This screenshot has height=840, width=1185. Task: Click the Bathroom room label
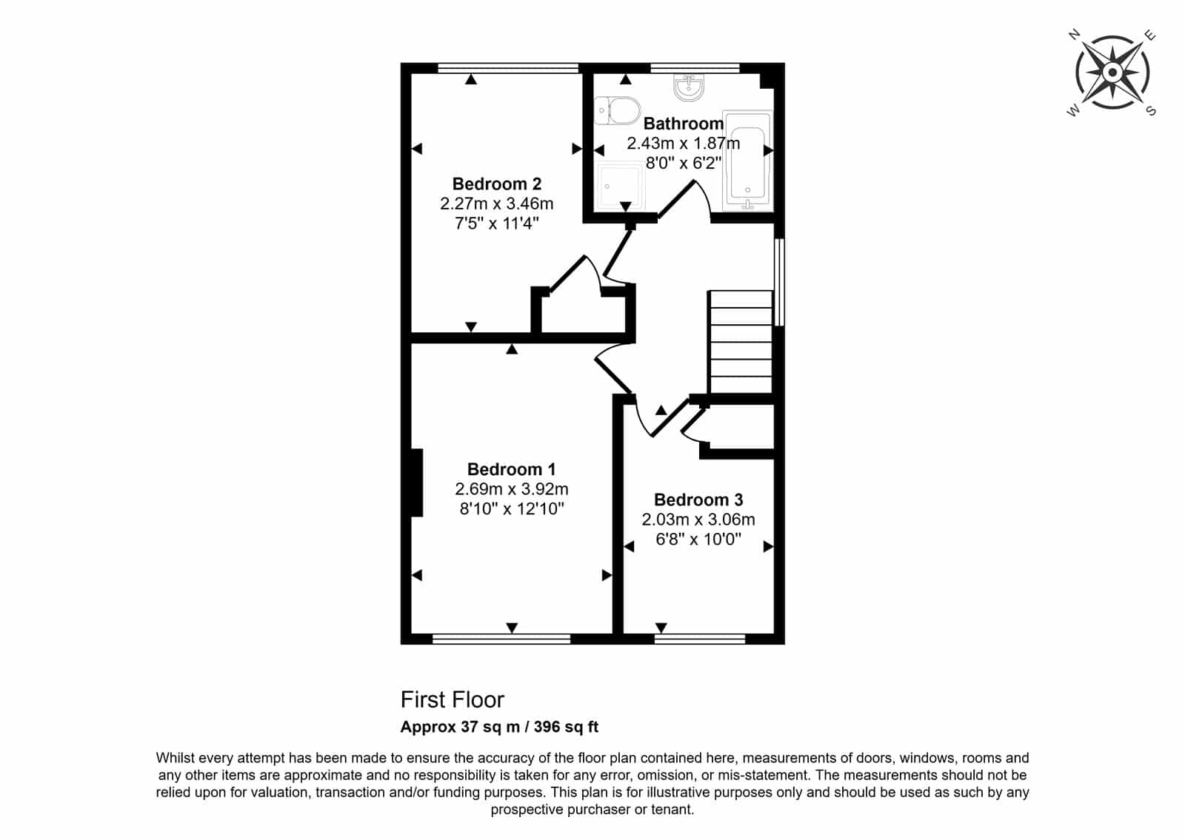[x=684, y=124]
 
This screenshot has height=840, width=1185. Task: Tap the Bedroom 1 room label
[x=512, y=469]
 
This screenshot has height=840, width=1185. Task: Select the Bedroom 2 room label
[x=497, y=184]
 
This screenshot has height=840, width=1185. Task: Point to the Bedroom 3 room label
[x=698, y=500]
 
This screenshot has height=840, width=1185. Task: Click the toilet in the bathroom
[x=618, y=111]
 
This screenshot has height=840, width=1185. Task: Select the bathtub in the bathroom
[x=747, y=161]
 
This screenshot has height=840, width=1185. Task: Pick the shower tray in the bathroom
[x=621, y=186]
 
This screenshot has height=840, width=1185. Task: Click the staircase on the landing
[x=740, y=342]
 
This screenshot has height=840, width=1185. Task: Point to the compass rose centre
[x=1112, y=73]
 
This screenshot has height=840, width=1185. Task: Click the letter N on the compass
[x=1074, y=35]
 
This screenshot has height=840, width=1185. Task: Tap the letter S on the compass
[x=1151, y=110]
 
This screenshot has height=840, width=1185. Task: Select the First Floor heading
[x=453, y=700]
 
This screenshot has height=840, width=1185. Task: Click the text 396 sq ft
[x=566, y=727]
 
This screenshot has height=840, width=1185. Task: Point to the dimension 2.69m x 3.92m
[x=512, y=489]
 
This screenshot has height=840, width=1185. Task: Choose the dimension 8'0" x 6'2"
[x=684, y=163]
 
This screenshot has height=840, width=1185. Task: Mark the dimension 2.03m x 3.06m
[x=698, y=519]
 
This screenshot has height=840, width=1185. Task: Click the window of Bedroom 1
[x=501, y=639]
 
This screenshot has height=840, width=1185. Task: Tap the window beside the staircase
[x=779, y=282]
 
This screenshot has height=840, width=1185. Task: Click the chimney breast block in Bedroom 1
[x=417, y=483]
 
